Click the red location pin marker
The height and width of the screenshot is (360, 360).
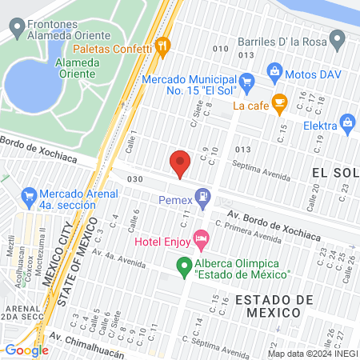180,163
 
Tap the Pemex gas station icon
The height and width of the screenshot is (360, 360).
204,194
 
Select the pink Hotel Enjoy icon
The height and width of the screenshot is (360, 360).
201,238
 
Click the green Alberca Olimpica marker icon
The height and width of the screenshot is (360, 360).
184,265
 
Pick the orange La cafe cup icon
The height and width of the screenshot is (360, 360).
278,102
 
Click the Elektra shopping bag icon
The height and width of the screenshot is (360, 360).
347,122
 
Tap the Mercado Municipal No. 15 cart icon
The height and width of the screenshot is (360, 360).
246,81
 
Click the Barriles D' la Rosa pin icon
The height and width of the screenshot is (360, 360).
338,38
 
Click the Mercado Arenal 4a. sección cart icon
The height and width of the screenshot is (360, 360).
29,194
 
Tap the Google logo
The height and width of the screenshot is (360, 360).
26,350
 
